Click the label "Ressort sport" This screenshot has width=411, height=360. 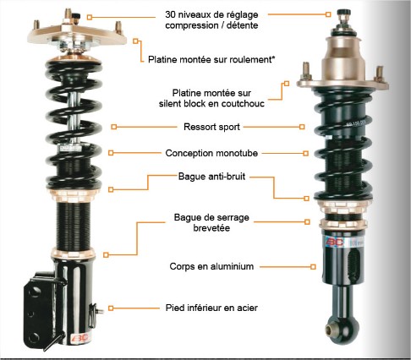pyautogui.click(x=211, y=127)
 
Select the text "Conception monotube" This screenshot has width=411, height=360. pyautogui.click(x=211, y=153)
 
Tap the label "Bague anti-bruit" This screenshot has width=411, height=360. pyautogui.click(x=211, y=177)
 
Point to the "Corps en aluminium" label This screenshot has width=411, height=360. pyautogui.click(x=211, y=266)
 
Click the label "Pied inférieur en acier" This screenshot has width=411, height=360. pyautogui.click(x=211, y=308)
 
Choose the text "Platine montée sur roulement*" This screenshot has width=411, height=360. pyautogui.click(x=211, y=59)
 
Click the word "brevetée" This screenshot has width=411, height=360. pyautogui.click(x=211, y=228)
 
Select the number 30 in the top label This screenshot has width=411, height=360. pyautogui.click(x=170, y=14)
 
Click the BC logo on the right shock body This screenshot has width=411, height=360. pyautogui.click(x=335, y=242)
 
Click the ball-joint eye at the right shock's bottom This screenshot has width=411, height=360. pyautogui.click(x=331, y=329)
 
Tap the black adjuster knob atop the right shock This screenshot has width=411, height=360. pyautogui.click(x=343, y=13)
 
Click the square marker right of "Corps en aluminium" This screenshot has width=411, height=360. pyautogui.click(x=313, y=266)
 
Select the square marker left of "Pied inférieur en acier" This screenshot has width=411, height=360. pyautogui.click(x=111, y=308)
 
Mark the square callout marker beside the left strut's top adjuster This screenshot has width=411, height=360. pyautogui.click(x=90, y=18)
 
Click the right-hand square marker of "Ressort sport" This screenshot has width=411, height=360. pyautogui.click(x=302, y=127)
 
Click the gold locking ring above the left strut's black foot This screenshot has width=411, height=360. pyautogui.click(x=74, y=254)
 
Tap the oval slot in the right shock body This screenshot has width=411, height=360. pyautogui.click(x=353, y=265)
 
